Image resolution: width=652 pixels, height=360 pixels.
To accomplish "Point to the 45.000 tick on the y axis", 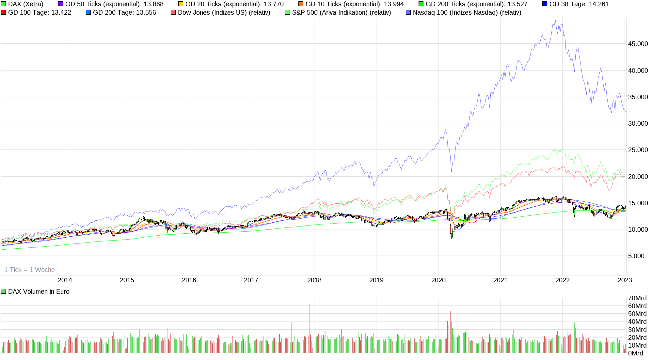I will coord(638,44).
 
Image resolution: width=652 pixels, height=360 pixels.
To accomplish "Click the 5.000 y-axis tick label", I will coord(636,256).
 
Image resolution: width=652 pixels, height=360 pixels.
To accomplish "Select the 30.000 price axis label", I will coord(638,123).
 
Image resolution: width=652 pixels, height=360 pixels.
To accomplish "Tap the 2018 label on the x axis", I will coord(314,280).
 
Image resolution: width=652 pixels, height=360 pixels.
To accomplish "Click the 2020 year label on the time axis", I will coord(438,280).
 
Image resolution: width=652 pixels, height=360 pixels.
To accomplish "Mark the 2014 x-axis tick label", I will coord(65,280).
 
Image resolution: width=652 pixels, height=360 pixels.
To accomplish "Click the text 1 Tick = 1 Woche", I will coord(29,270).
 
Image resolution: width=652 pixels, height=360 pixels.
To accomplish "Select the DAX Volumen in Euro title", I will coord(39,291).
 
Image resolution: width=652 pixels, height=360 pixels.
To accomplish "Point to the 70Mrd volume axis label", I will coord(637,298).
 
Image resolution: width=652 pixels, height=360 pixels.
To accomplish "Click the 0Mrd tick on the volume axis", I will coord(635,353).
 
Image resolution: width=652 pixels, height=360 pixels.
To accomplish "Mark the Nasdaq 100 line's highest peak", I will coord(555,21).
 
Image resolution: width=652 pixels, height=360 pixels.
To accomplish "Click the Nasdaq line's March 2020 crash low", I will coord(452,171).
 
